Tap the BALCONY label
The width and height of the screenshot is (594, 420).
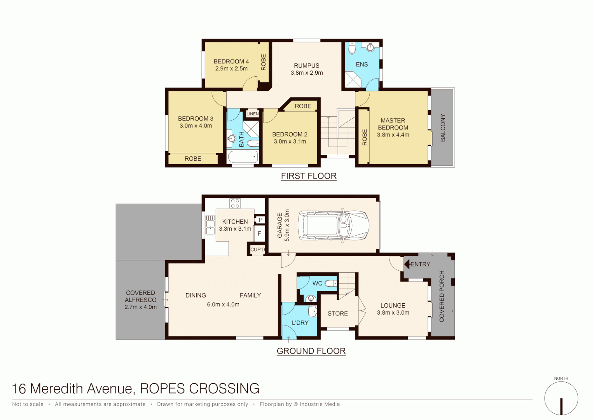[x=443, y=128]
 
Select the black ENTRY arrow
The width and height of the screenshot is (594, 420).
[x=407, y=264]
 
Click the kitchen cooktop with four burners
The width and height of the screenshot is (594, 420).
[x=235, y=203]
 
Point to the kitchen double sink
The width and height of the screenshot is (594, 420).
[x=210, y=225]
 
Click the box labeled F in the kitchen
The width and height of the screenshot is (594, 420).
[x=259, y=234]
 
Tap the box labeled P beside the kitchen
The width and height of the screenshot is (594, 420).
[x=260, y=220]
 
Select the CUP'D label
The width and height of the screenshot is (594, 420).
[x=257, y=250]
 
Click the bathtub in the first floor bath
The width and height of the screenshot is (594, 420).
[x=243, y=157]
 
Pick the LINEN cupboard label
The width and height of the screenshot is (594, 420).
[x=253, y=114]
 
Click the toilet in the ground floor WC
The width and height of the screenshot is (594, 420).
[x=331, y=283]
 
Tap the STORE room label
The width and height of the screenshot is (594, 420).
[x=337, y=313]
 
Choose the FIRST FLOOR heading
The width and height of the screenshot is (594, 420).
[x=309, y=176]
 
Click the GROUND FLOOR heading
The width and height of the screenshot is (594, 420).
[x=311, y=351]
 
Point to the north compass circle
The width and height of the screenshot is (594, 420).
[x=561, y=398]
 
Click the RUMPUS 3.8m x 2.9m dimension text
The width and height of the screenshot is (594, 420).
[x=307, y=73]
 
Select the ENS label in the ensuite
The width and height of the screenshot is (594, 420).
[x=362, y=65]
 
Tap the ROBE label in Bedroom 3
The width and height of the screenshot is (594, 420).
[x=193, y=159]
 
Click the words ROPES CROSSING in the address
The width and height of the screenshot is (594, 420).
[x=199, y=388]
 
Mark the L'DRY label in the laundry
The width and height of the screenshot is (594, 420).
[x=300, y=323]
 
